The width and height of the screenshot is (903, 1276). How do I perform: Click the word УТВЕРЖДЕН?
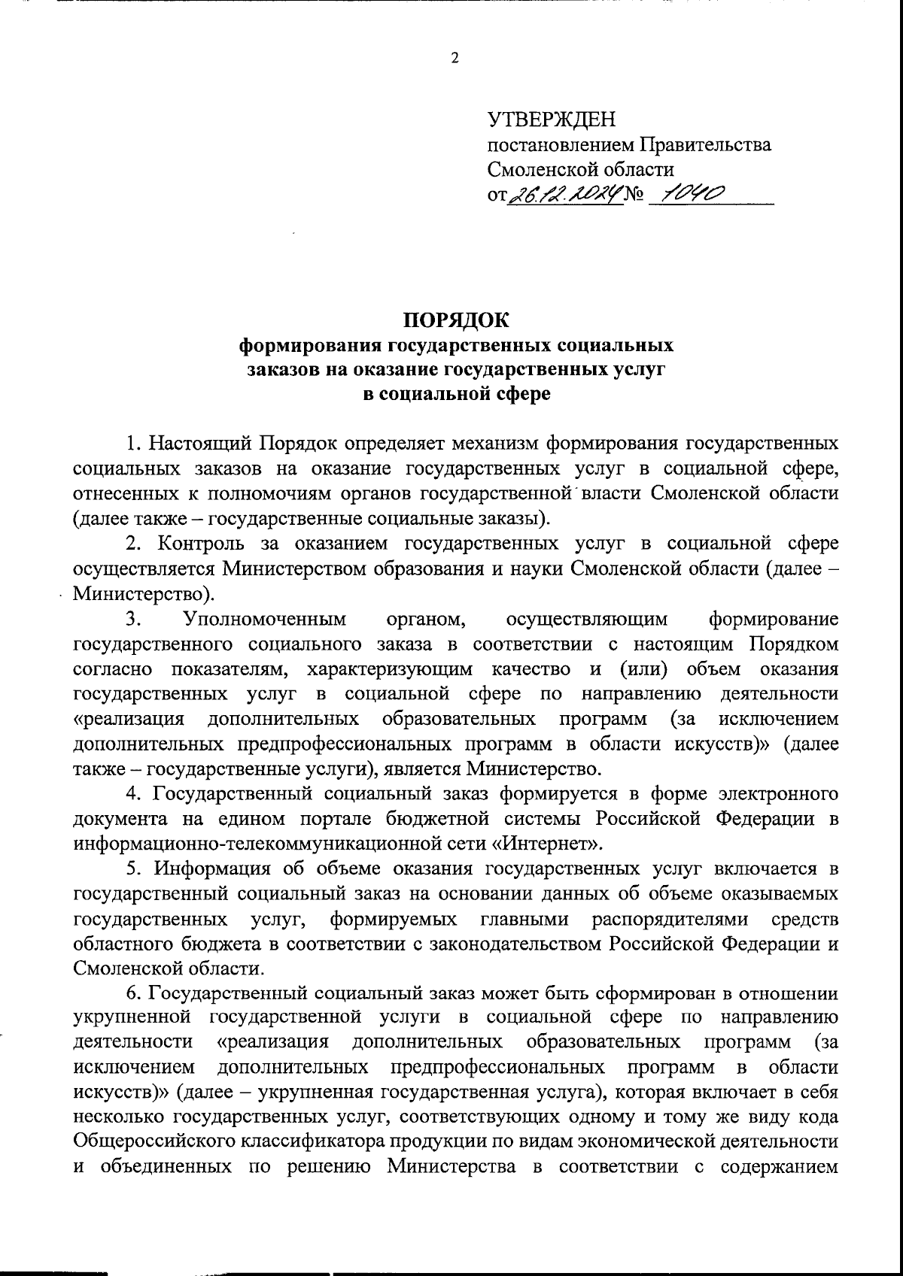click(551, 120)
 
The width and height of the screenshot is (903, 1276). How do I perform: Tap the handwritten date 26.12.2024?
click(565, 195)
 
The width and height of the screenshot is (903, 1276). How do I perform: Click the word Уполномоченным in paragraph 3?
click(265, 619)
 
